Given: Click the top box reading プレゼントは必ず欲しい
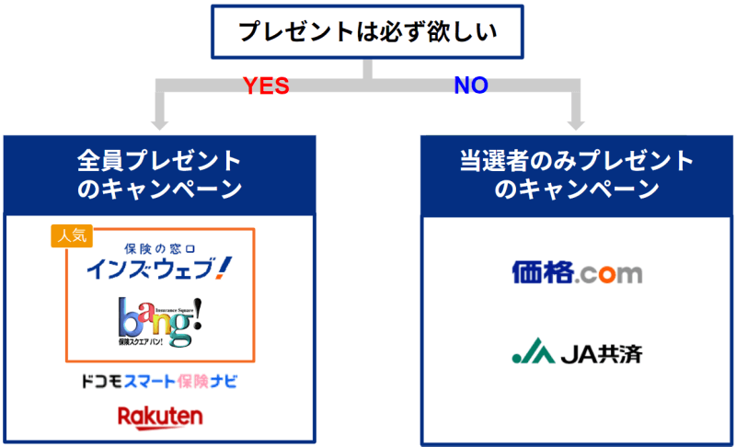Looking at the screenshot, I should tap(367, 32).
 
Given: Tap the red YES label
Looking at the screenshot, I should tap(266, 86).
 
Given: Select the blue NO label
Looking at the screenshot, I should tap(470, 86).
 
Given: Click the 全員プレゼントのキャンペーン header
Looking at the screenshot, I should tap(159, 175).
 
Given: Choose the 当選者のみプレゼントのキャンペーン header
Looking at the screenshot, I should tap(577, 175).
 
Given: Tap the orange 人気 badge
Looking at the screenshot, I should tap(71, 235).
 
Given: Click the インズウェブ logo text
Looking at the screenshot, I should tap(153, 269).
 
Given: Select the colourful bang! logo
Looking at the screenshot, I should tap(159, 320).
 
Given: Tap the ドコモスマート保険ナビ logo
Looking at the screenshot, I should tap(159, 381).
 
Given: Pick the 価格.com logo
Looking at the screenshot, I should tap(577, 272).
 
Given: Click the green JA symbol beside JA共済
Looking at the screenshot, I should tap(529, 351).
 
